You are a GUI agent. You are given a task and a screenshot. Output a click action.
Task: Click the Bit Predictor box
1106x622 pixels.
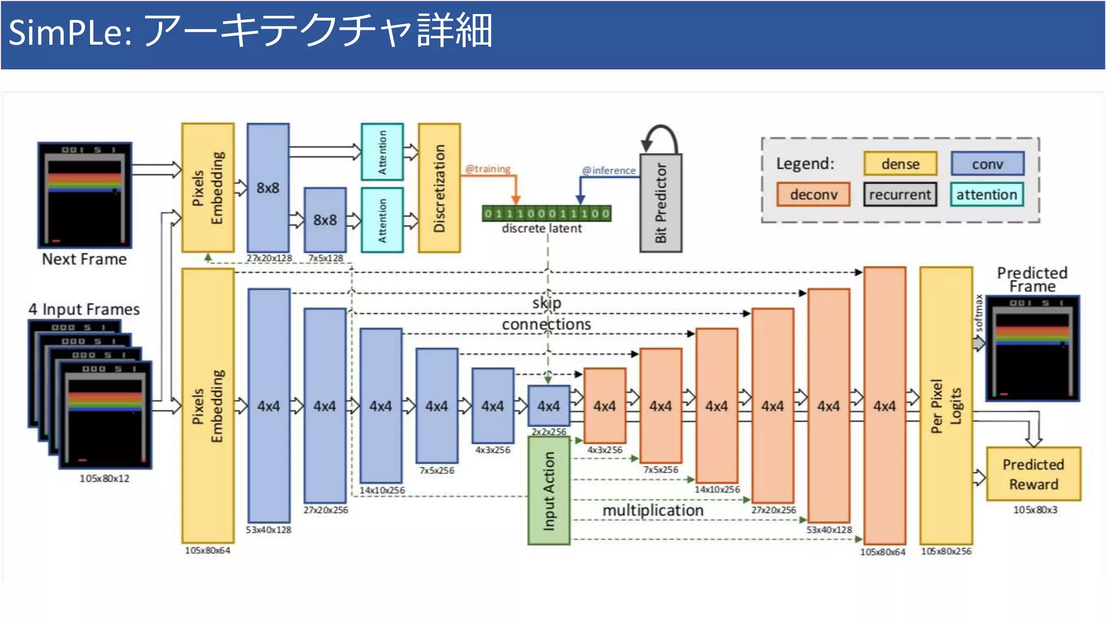tap(660, 203)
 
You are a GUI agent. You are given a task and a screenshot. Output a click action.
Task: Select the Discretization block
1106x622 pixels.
tap(439, 188)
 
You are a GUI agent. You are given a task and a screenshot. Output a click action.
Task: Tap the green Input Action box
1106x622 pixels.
tap(549, 491)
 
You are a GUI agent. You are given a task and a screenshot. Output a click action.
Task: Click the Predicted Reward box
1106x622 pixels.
tap(1033, 474)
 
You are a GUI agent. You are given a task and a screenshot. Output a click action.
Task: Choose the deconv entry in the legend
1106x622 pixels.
tap(813, 194)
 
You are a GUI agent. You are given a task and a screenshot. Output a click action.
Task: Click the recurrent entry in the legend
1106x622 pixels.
tap(900, 194)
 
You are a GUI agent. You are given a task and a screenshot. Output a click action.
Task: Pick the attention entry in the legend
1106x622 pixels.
tap(986, 194)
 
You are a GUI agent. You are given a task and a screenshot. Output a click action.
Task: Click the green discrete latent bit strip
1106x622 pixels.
tap(547, 214)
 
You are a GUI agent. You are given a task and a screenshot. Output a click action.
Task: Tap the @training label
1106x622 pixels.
tap(488, 169)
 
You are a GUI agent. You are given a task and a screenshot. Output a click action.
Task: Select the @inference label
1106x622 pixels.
tap(609, 171)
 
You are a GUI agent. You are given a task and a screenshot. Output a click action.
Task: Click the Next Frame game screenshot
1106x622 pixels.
tap(85, 195)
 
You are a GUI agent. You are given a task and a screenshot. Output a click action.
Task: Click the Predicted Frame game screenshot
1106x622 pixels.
tap(1032, 348)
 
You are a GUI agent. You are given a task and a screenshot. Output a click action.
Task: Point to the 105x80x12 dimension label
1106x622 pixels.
tap(104, 478)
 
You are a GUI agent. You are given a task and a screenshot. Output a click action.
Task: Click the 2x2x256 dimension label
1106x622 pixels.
tap(549, 432)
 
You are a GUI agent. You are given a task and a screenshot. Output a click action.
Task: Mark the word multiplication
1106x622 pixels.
tap(652, 510)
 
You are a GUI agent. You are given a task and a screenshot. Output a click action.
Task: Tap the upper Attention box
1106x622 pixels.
tap(382, 152)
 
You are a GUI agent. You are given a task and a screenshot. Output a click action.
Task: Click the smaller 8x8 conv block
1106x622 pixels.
tap(325, 220)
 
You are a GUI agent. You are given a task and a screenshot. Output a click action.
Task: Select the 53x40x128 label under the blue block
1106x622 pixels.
tap(268, 530)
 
